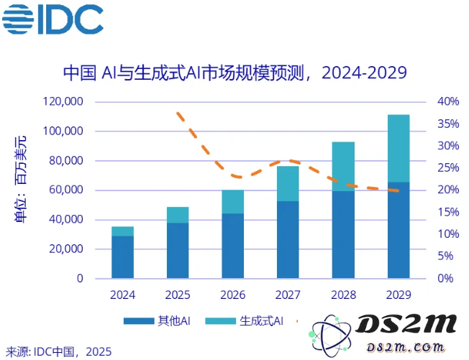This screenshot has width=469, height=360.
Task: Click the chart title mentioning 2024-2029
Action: pos(234,73)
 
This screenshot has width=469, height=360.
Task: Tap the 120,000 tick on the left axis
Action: pos(63,102)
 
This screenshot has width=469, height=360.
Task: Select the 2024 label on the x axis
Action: pos(122,295)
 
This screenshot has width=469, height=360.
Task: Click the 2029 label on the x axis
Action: pos(398,295)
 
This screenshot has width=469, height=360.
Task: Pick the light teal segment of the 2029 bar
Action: pos(398,148)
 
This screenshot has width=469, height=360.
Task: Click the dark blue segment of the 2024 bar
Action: pos(122,257)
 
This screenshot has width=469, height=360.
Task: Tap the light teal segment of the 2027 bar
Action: pos(288,183)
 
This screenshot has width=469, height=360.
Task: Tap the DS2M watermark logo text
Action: pos(407,324)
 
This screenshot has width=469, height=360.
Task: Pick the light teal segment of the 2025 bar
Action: pos(178,215)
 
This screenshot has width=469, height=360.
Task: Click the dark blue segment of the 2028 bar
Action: pos(343,234)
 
